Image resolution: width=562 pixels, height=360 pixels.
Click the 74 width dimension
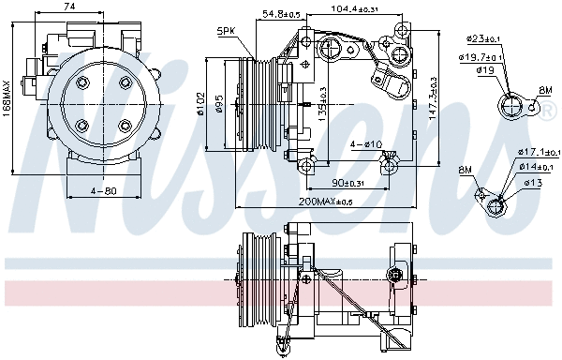point(70,7)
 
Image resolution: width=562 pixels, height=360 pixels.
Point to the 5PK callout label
point(226,31)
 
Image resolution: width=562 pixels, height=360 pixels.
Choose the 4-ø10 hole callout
point(365,144)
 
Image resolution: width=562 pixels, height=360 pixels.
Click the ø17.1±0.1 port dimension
point(539,151)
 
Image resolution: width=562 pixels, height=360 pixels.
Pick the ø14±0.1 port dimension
point(536,166)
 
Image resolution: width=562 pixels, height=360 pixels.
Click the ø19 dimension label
point(484,70)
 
